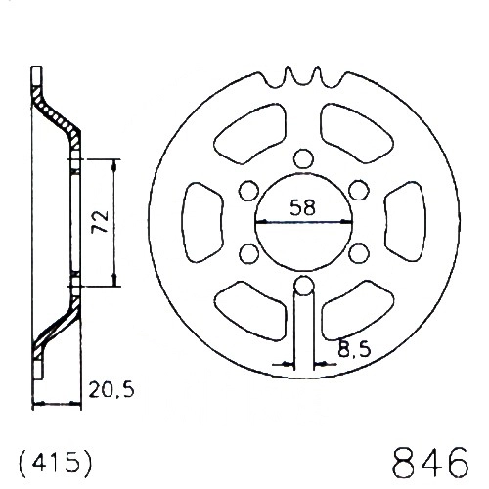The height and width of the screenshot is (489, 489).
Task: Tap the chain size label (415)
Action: tap(56, 462)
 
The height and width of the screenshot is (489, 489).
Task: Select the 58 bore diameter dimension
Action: tap(303, 207)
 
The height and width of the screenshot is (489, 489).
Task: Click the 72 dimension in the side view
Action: tap(100, 221)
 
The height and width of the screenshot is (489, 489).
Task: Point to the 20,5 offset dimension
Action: tap(111, 389)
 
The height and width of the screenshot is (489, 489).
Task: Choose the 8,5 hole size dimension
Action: tap(354, 349)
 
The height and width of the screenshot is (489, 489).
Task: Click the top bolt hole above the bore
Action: tap(303, 158)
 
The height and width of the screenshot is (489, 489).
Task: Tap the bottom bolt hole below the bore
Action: tap(304, 286)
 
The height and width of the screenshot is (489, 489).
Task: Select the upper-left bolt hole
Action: tap(248, 191)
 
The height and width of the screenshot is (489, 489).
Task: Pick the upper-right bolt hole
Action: tap(359, 191)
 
